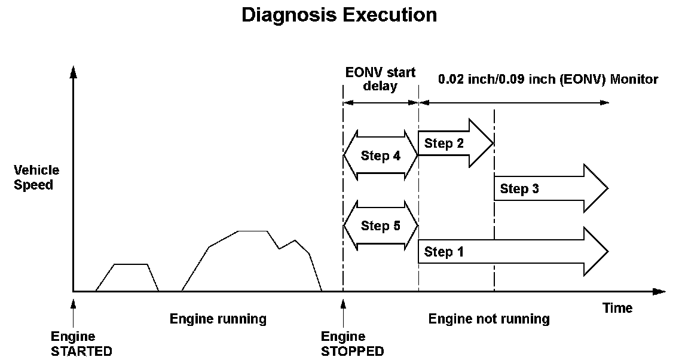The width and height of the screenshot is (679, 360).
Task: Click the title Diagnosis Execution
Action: point(339,15)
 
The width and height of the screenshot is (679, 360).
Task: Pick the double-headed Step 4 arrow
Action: point(381,155)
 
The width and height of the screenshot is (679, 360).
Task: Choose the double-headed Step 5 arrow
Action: point(381,225)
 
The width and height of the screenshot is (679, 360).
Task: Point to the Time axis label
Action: point(617,308)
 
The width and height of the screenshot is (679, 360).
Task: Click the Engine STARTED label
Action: point(81,344)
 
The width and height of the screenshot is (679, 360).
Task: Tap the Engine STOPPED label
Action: point(352,344)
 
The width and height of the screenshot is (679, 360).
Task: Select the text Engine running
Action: point(218,319)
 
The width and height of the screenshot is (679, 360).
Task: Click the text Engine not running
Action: point(489,319)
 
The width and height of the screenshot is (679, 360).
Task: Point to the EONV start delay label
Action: point(380,79)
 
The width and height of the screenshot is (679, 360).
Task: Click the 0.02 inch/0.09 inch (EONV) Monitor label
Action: point(548,79)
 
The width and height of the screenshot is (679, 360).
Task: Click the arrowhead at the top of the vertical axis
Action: point(73,72)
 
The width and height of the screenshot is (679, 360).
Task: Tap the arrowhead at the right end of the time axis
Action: point(659,292)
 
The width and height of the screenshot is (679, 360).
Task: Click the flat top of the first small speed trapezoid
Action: point(131,264)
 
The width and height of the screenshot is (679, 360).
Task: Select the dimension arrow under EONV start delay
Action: point(381,103)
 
